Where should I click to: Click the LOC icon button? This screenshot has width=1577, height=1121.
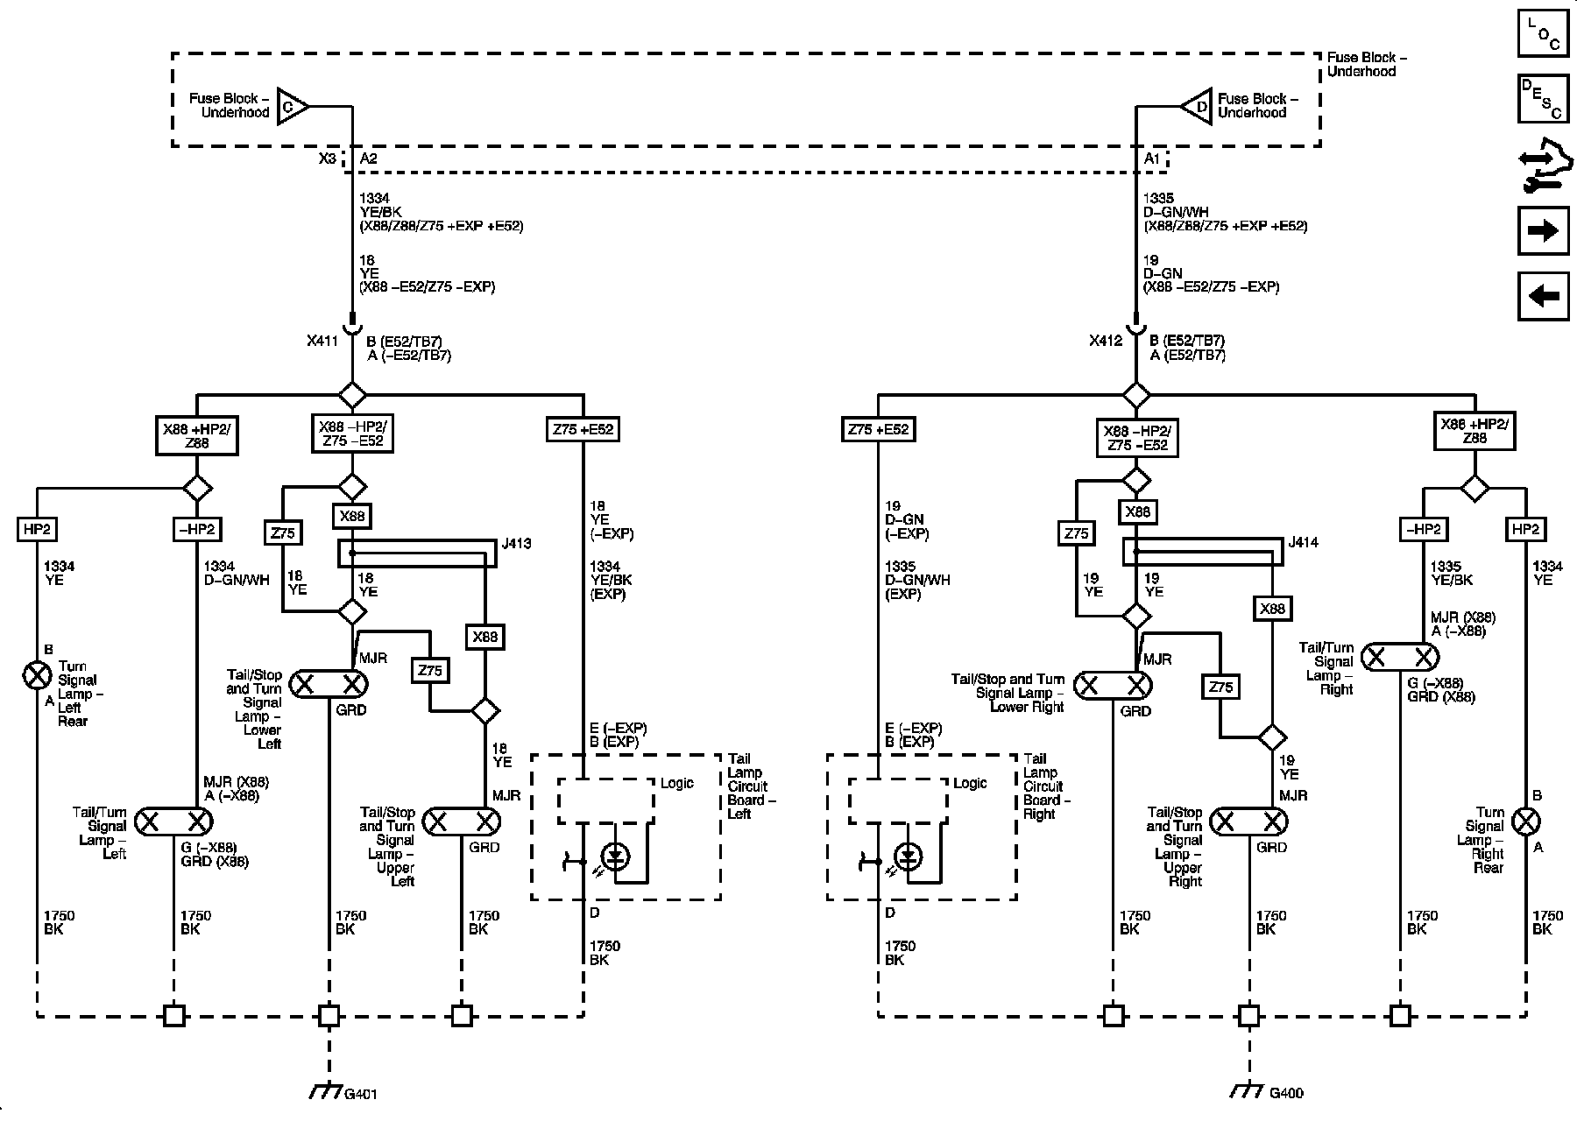[x=1543, y=32]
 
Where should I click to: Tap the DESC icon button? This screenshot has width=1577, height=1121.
[x=1543, y=99]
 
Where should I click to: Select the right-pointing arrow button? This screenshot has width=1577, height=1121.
[x=1543, y=230]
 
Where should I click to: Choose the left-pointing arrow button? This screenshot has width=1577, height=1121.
[x=1543, y=296]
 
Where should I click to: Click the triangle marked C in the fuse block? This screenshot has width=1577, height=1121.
[x=292, y=107]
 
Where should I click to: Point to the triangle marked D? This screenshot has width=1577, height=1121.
[x=1197, y=107]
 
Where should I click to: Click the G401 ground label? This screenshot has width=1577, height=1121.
[x=361, y=1094]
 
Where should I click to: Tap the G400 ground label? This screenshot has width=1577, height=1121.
[x=1286, y=1093]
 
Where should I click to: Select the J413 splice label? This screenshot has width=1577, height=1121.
[x=517, y=544]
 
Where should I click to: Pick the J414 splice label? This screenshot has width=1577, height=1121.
[x=1303, y=542]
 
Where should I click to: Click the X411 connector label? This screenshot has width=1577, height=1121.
[x=322, y=341]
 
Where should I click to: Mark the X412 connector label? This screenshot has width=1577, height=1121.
[x=1106, y=341]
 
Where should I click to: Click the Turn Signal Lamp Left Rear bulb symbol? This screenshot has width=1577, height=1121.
[x=37, y=675]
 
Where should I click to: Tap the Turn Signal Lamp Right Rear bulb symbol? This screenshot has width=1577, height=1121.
[x=1527, y=821]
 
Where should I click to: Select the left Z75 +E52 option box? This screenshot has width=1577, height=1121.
[x=583, y=429]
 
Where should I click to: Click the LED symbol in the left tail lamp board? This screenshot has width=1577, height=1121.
[x=616, y=856]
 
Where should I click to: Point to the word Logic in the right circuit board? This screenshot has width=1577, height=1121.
[x=970, y=783]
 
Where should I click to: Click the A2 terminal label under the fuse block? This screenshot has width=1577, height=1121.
[x=369, y=159]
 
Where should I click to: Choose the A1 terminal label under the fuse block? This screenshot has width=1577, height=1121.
[x=1152, y=159]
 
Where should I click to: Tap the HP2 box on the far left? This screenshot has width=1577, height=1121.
[x=37, y=529]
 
